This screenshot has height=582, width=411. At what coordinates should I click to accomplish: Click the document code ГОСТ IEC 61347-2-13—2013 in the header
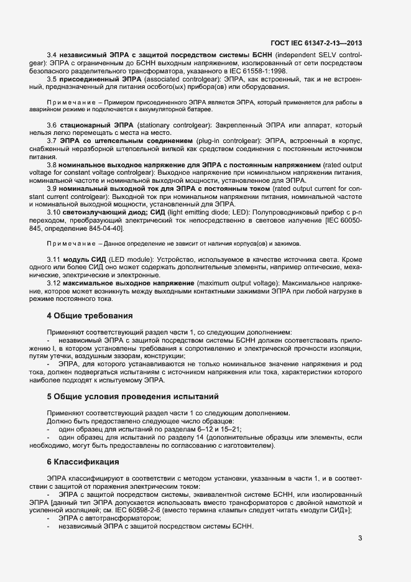click(316, 43)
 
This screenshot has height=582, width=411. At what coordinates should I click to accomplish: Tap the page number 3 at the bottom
click(360, 538)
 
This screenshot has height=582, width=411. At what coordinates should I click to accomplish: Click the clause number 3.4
click(52, 56)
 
